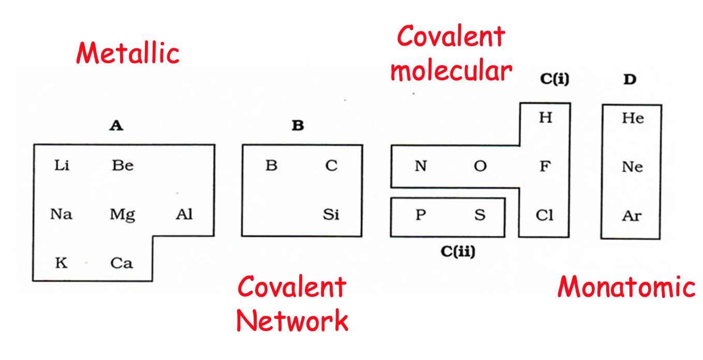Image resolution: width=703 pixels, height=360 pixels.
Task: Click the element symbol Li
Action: tap(62, 166)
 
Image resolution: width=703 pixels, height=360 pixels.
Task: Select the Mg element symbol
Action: tap(122, 214)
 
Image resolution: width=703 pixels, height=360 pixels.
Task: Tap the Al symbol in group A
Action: tap(184, 214)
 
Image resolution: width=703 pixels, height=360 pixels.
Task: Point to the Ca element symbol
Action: tap(122, 263)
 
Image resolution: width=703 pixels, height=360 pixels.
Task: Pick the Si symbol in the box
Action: tap(331, 214)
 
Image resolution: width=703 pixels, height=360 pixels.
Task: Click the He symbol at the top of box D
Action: tap(633, 118)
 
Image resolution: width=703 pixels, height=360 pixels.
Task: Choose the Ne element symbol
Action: tap(633, 167)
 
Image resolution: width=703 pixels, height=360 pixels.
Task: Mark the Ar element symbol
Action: tap(632, 215)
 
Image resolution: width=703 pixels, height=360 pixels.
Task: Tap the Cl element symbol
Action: tap(545, 215)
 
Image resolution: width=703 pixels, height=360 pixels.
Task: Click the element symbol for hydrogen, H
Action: tap(545, 118)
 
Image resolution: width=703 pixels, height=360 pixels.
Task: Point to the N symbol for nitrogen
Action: tap(421, 167)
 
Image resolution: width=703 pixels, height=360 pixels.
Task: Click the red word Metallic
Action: tap(127, 53)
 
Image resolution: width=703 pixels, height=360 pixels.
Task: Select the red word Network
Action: tap(292, 321)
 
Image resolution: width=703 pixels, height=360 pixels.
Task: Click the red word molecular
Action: tap(451, 71)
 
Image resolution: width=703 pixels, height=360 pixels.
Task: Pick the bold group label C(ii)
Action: tap(458, 252)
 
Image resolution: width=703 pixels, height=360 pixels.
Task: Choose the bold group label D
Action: tap(629, 80)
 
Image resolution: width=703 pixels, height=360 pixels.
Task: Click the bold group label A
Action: tap(116, 125)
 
